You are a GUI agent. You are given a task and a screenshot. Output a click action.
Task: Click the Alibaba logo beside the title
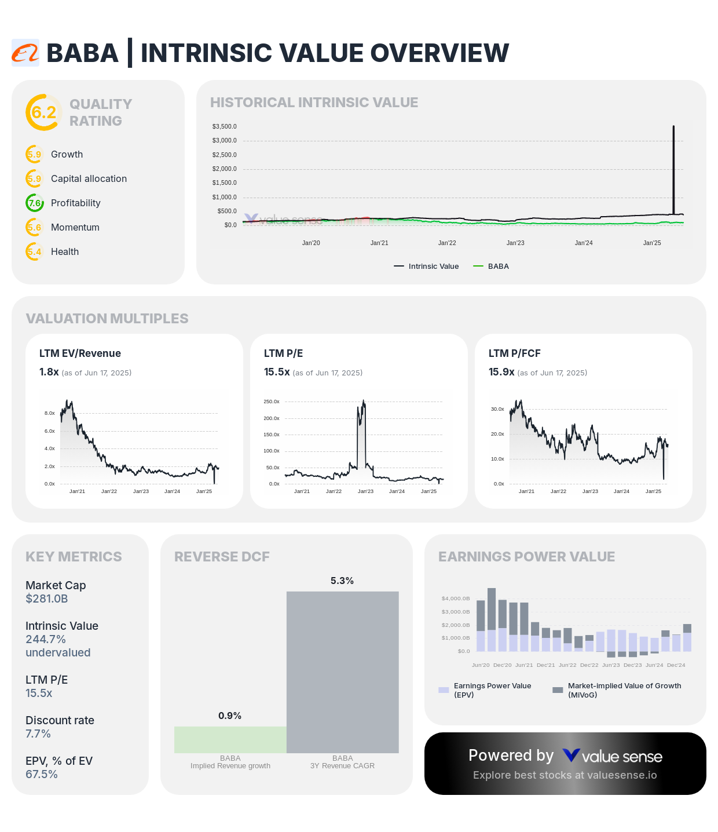(x=25, y=53)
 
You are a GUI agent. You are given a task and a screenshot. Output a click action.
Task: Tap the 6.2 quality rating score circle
(x=43, y=112)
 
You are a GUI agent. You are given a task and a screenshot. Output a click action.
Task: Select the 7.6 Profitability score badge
(x=35, y=203)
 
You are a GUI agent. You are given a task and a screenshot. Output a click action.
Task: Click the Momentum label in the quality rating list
(x=75, y=228)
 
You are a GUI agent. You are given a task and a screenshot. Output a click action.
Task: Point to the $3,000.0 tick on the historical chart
(x=224, y=141)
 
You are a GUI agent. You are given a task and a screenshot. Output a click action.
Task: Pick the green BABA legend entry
(x=492, y=267)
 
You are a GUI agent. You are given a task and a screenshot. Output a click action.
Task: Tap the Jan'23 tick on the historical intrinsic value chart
(x=515, y=243)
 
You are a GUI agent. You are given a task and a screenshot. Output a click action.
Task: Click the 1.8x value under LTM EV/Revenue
(x=49, y=372)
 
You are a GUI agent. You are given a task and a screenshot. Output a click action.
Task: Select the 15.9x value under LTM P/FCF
(x=501, y=372)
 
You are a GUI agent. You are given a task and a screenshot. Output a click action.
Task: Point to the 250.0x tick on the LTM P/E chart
(x=272, y=402)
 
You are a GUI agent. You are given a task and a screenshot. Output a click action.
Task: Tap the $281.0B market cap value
(x=47, y=599)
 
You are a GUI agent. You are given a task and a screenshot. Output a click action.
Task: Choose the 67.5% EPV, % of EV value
(x=42, y=775)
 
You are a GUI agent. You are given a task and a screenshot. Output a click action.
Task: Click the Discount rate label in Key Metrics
(x=60, y=721)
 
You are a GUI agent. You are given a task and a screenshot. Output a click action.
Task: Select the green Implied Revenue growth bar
(x=230, y=740)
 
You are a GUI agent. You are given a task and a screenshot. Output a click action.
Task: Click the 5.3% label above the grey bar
(x=342, y=581)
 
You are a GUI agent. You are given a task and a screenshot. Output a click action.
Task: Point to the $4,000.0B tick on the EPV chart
(x=456, y=599)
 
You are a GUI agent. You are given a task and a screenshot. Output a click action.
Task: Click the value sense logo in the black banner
(x=613, y=756)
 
